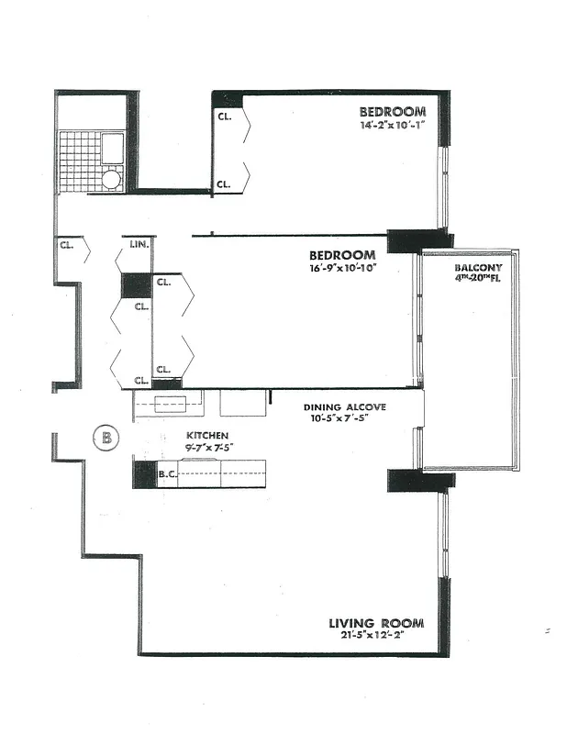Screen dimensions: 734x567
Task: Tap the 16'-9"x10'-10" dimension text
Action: point(342,268)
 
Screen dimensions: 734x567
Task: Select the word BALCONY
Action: point(477,269)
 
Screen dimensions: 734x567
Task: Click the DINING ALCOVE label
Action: point(345,406)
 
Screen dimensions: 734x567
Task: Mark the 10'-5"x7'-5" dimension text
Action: point(343,420)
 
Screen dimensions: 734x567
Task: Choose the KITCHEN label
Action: point(207,435)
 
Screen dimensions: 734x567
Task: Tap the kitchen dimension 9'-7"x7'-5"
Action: point(210,448)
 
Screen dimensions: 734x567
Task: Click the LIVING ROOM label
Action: point(376,624)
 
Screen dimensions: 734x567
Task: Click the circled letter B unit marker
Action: point(106,438)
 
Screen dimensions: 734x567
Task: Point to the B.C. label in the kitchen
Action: point(167,475)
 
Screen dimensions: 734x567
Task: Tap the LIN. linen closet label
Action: point(139,245)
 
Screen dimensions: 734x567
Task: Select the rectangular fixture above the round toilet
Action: point(112,148)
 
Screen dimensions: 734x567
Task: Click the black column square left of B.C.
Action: point(145,474)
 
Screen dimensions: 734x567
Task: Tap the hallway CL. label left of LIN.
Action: point(66,245)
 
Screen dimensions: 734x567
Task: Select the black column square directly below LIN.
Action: point(136,285)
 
